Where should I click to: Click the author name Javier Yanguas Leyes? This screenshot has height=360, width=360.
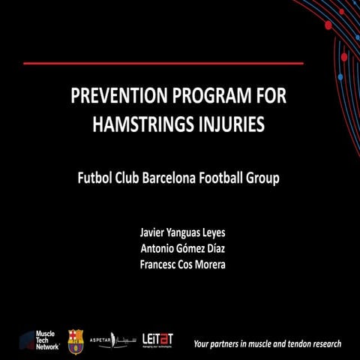(179, 234)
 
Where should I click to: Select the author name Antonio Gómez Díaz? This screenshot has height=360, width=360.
(179, 249)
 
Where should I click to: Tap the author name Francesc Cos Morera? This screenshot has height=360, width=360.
(179, 265)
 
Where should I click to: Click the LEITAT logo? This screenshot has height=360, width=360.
(157, 340)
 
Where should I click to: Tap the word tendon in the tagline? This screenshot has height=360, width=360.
(297, 344)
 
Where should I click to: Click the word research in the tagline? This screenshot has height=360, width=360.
(327, 344)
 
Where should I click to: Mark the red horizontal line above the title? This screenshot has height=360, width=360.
(163, 64)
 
